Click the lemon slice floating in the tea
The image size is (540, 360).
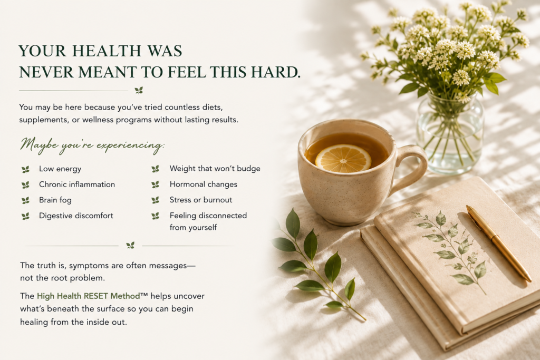[x=343, y=158]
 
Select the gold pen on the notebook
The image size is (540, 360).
[x=499, y=244]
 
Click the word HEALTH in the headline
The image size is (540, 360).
[x=107, y=51]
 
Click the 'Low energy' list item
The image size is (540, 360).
[x=60, y=169]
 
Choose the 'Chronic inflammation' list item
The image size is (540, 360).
[x=77, y=184]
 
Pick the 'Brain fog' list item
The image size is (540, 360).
[x=55, y=200]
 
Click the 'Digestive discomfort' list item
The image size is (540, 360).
[x=76, y=216]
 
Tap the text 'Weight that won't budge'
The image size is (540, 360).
[x=215, y=168]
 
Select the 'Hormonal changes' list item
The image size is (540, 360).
[x=204, y=184]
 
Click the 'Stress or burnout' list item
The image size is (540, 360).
[x=201, y=200]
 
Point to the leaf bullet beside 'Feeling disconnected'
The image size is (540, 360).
[x=156, y=216]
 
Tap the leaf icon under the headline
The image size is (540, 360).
[x=139, y=91]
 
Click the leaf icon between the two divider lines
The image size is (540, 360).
[x=130, y=246]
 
